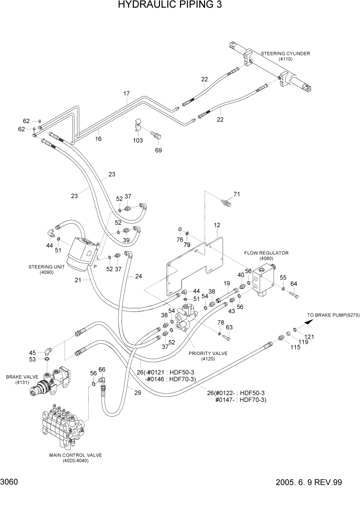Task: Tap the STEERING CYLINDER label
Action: [285, 53]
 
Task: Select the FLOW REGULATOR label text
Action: [266, 253]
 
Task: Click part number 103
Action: [138, 140]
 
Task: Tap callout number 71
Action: [236, 194]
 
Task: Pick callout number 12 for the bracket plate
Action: [217, 225]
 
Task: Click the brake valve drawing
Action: [49, 381]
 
